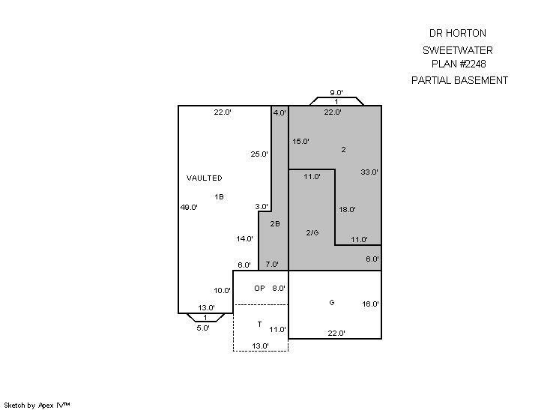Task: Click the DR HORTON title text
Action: [457, 33]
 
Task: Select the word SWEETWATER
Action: [457, 51]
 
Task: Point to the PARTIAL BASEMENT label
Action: [459, 80]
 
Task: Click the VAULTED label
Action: [204, 178]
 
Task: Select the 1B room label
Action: [219, 196]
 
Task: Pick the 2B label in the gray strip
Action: [275, 223]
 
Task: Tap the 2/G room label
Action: [312, 232]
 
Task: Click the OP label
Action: [259, 288]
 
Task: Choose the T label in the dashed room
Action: [259, 325]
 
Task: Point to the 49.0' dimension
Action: [189, 208]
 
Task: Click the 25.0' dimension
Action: [259, 154]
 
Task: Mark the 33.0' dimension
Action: [369, 172]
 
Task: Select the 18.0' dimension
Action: [347, 210]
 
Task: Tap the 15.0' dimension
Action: [301, 141]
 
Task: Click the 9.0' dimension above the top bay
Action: [336, 93]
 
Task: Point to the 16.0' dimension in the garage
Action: [370, 304]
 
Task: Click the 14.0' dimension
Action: [244, 238]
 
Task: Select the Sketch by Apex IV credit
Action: [37, 405]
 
